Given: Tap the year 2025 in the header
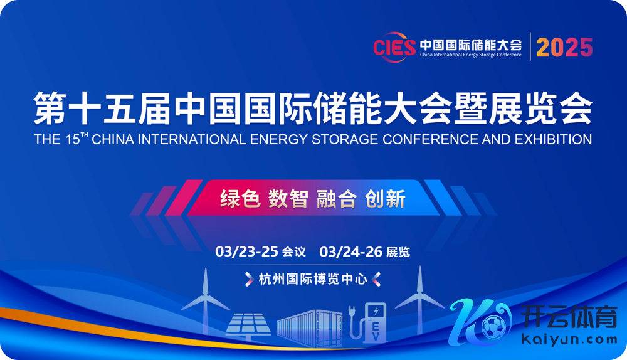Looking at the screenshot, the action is [x=564, y=48].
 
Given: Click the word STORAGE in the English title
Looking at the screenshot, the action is [x=345, y=139].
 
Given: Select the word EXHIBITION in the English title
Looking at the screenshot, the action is [x=554, y=139].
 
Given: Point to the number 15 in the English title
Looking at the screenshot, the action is [x=73, y=140].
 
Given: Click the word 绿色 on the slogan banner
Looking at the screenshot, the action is [x=240, y=198].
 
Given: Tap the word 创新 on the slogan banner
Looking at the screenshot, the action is [x=385, y=198].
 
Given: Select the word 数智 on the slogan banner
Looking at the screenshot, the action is [x=288, y=198].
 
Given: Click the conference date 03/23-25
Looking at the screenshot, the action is [x=246, y=251].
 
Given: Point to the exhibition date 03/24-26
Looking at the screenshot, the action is [x=350, y=251].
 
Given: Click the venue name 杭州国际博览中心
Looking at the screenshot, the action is [x=313, y=279].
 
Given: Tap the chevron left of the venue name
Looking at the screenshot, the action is [x=249, y=279].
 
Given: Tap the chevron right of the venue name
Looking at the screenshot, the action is [x=376, y=279].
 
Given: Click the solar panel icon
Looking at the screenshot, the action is [x=248, y=326].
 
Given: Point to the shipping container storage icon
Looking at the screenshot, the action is [x=310, y=328].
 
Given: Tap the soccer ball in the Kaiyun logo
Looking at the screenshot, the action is [x=494, y=327].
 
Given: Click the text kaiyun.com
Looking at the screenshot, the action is [x=569, y=339].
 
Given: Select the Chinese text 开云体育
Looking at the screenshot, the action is [x=569, y=316].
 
